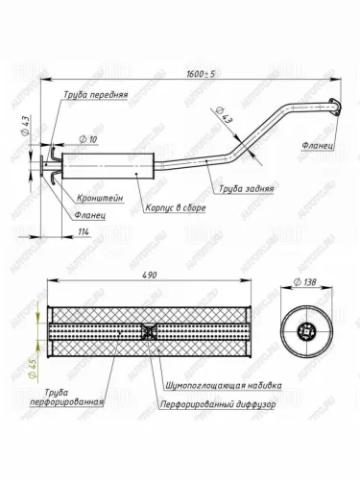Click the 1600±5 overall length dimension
tap(201, 74)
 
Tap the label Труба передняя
tap(95, 95)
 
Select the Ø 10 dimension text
tap(88, 139)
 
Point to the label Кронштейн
tap(100, 199)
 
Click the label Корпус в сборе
tap(176, 208)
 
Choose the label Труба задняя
tap(247, 189)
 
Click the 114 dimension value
tap(84, 231)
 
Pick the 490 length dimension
tap(149, 275)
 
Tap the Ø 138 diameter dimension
tap(305, 282)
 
